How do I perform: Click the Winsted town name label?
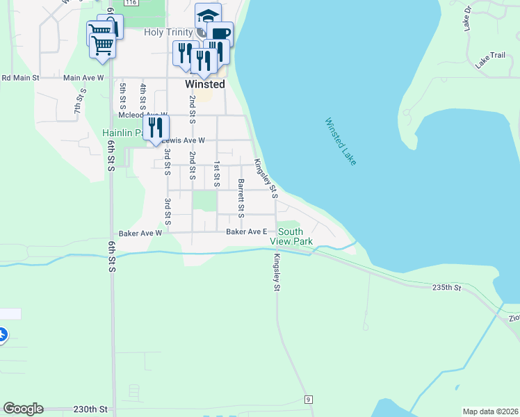[205, 84]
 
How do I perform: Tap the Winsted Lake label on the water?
[340, 141]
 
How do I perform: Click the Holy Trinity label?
[169, 32]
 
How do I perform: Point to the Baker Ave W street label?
[140, 233]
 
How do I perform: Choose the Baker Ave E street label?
[247, 231]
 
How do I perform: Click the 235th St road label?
[446, 287]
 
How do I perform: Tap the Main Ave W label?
[83, 78]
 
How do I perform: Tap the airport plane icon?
[2, 335]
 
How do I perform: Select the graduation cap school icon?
[207, 15]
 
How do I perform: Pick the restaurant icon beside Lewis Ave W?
[156, 127]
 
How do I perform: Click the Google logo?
[23, 409]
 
